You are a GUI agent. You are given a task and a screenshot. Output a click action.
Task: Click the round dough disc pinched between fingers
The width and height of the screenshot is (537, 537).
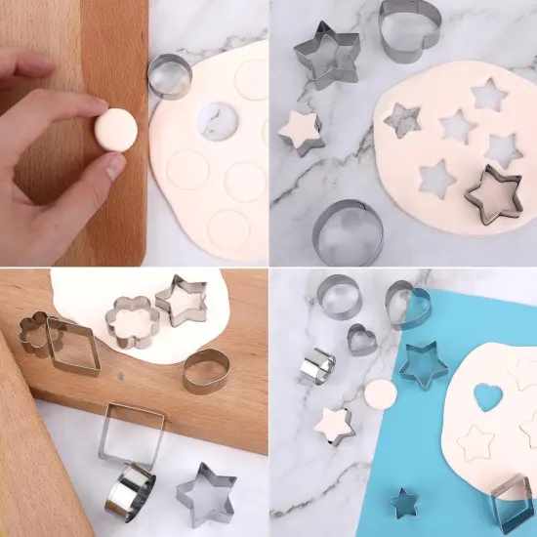tap(118, 130)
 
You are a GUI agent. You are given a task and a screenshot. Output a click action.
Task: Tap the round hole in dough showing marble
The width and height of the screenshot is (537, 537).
tap(219, 121)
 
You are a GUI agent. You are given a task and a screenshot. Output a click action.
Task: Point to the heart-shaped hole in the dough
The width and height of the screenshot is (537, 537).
tap(488, 398)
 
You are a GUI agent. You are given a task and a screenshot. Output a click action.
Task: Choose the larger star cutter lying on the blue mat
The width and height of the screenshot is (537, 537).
tap(423, 362)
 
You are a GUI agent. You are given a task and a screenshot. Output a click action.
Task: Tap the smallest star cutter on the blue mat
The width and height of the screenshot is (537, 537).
tap(404, 503)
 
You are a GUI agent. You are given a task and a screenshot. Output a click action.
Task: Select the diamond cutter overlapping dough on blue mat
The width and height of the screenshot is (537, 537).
tap(512, 504)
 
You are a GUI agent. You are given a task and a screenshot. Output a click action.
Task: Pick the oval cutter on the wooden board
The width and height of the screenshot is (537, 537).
tap(206, 371)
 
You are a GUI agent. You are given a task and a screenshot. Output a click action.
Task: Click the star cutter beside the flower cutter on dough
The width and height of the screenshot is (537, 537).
tap(182, 300)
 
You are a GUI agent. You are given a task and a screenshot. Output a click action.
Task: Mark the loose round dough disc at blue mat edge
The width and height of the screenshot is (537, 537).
tap(380, 394)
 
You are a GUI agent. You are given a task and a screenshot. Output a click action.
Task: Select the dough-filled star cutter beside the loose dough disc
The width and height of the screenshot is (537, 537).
tap(334, 426)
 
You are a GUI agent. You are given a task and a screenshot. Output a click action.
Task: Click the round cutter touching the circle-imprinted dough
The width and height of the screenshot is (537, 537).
tap(170, 76)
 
